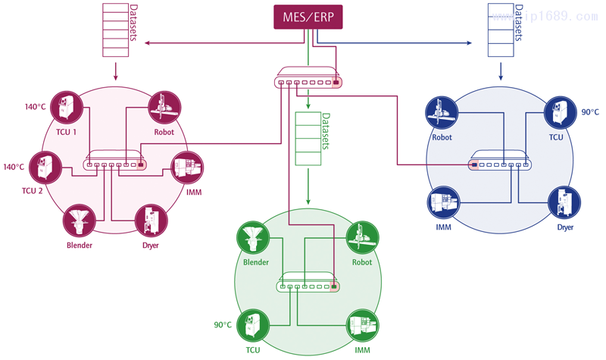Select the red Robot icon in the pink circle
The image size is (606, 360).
[x=164, y=108]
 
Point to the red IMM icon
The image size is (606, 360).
[x=186, y=167]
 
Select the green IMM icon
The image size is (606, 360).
[x=362, y=325]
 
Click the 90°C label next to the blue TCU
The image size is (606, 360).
[x=590, y=112]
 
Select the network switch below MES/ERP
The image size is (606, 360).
[x=308, y=81]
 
